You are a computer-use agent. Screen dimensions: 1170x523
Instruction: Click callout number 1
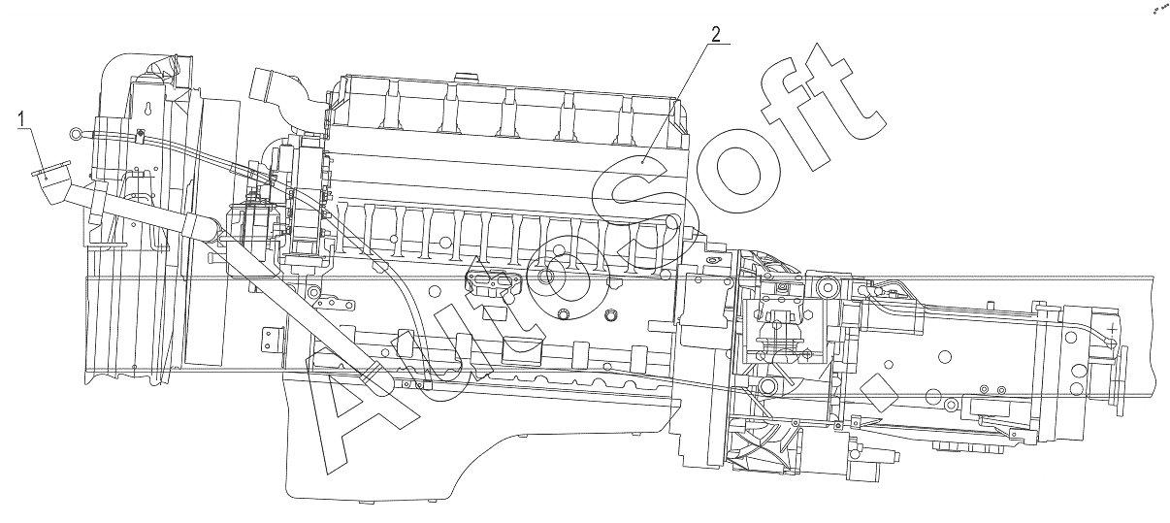coord(21,119)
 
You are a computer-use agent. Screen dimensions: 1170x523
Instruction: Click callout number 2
coord(716,34)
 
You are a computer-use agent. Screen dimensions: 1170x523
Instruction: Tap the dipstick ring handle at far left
coord(74,135)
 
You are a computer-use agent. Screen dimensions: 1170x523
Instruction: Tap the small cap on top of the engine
coord(466,78)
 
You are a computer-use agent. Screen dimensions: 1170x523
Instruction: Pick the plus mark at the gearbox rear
coord(1113,329)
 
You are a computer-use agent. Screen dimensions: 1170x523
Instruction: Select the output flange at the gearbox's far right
coord(1121,380)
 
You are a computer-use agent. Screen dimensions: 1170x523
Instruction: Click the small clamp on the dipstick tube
coord(139,136)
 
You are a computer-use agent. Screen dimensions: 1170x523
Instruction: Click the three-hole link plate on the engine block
coord(333,305)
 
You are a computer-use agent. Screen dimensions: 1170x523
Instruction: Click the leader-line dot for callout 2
coord(642,163)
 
